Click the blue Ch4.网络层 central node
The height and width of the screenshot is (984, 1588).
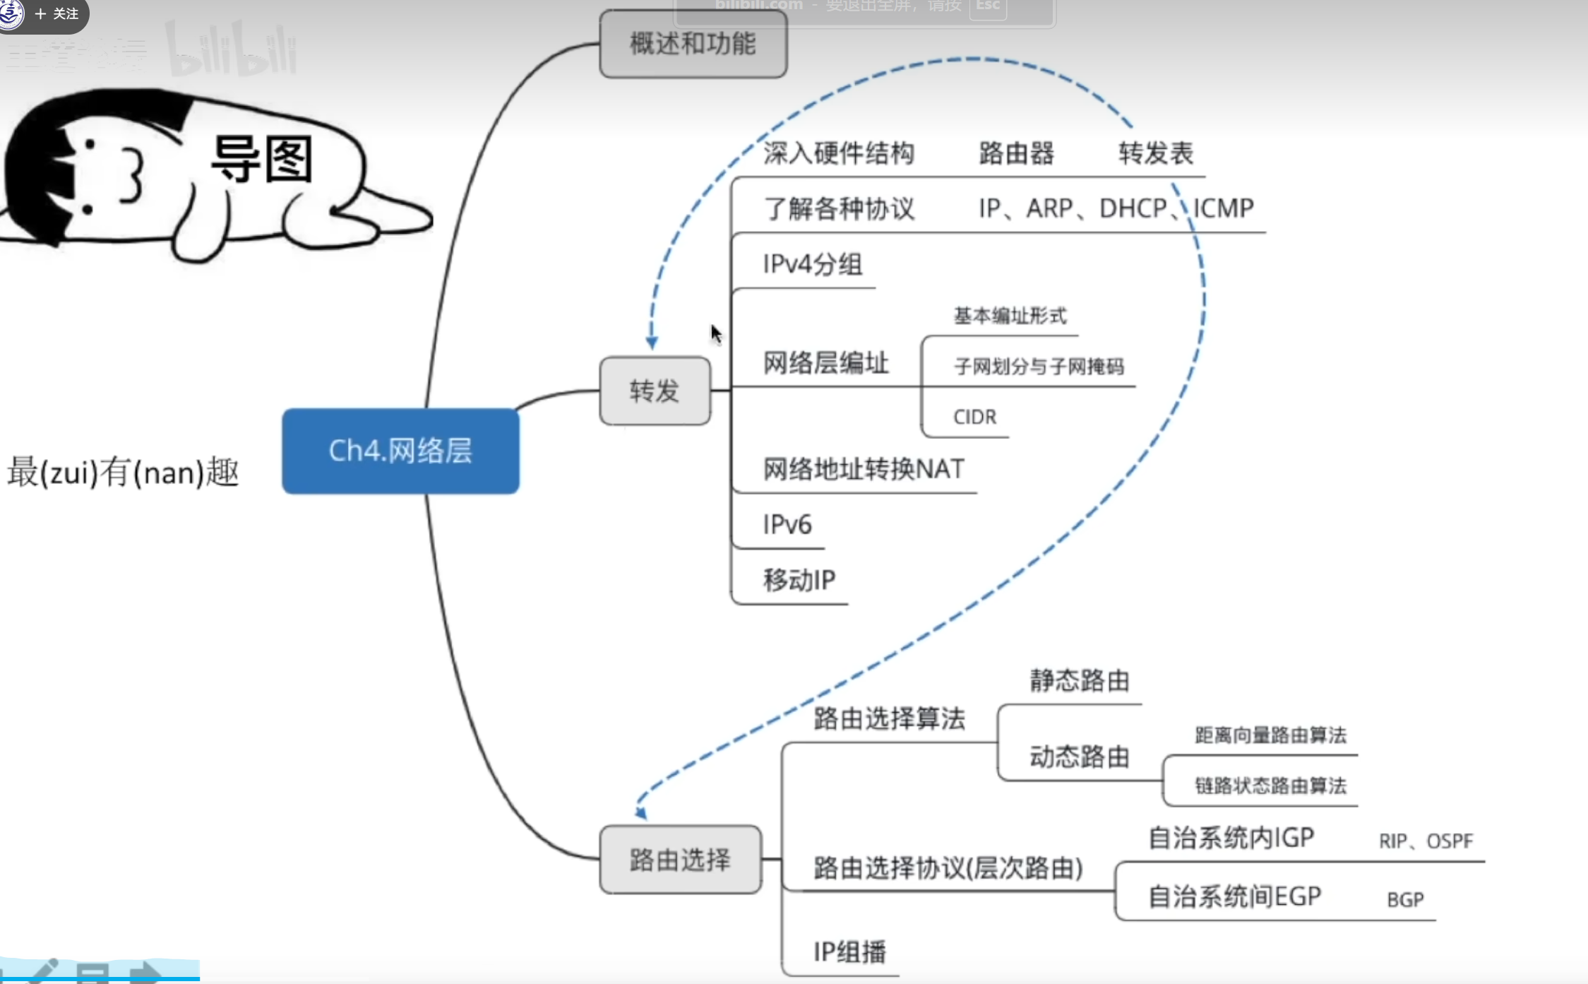click(400, 451)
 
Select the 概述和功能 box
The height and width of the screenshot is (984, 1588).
click(693, 44)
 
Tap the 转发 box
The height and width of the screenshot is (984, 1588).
click(655, 391)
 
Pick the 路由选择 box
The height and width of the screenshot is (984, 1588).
click(680, 860)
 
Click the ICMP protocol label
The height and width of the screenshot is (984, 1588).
click(1224, 208)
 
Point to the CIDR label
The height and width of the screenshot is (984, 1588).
click(974, 417)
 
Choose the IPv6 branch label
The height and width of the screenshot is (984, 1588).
click(787, 525)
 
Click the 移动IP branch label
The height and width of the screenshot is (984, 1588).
click(799, 580)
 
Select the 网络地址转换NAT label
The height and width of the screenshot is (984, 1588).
click(863, 469)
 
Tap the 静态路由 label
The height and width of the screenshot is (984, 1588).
click(1079, 681)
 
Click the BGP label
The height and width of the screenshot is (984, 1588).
click(1405, 900)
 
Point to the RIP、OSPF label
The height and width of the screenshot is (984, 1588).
click(1425, 841)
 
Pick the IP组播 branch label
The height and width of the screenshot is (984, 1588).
click(849, 952)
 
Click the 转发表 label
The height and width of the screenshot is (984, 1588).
click(1155, 153)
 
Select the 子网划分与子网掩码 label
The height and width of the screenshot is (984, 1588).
click(1038, 367)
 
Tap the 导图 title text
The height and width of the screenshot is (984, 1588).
click(262, 159)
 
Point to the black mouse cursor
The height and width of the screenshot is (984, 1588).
click(716, 333)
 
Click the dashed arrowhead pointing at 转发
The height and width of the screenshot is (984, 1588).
click(652, 343)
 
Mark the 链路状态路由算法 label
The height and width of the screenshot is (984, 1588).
click(1270, 786)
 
